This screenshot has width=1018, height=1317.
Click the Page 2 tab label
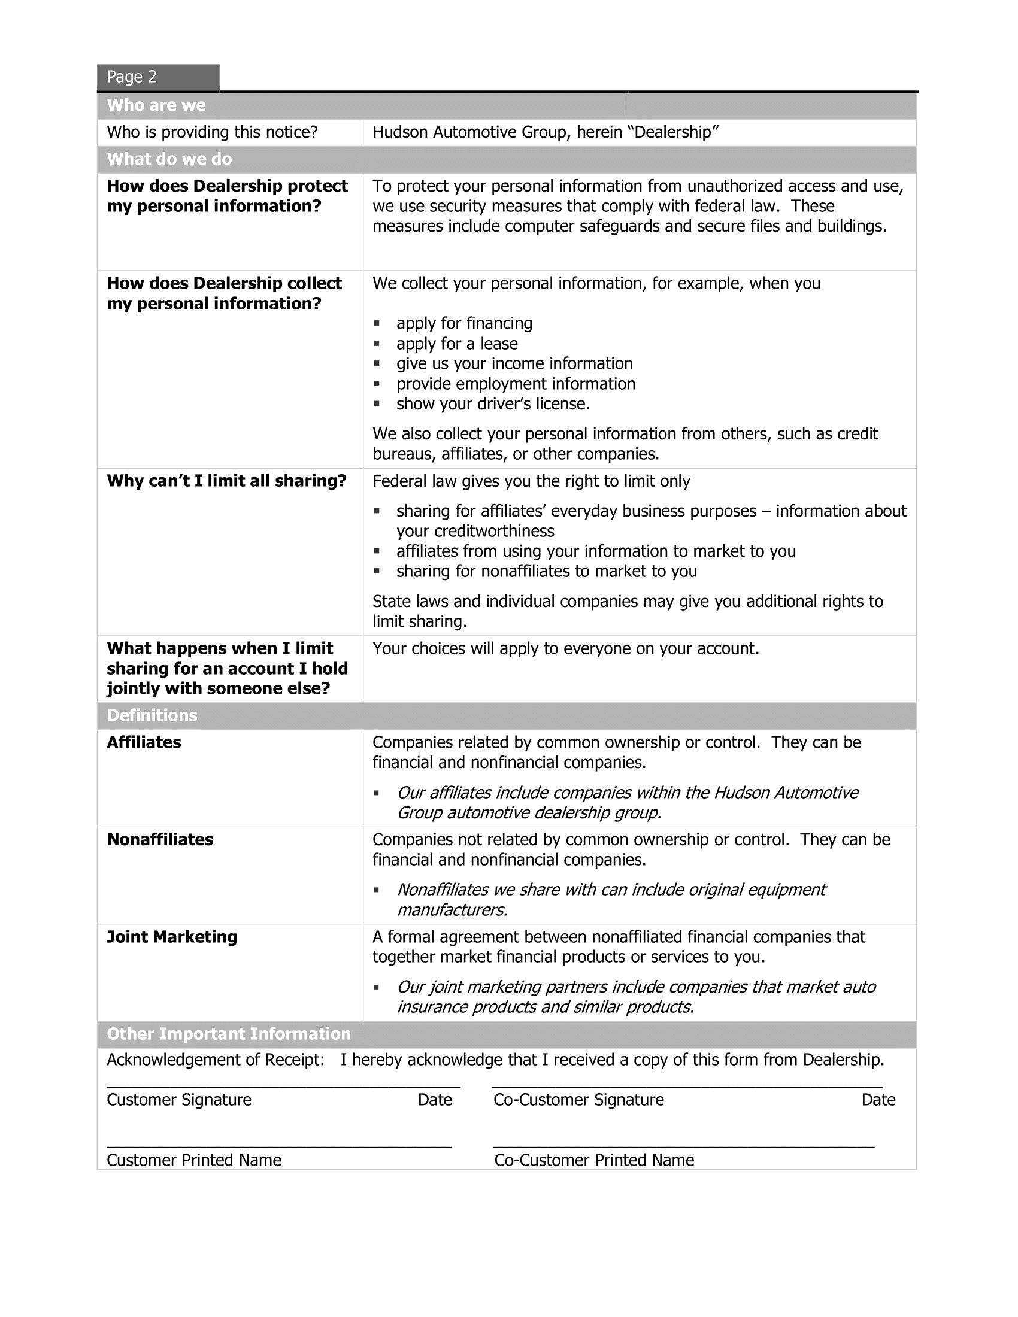click(132, 77)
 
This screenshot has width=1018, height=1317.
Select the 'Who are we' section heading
click(156, 105)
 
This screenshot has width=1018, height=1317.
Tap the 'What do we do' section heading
click(169, 159)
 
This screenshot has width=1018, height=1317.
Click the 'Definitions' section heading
click(152, 716)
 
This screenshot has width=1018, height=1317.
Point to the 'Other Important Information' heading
click(229, 1034)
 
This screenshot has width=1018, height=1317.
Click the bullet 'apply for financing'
click(463, 324)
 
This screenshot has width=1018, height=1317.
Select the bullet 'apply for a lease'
click(456, 344)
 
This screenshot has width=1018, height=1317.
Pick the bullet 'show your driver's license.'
click(492, 404)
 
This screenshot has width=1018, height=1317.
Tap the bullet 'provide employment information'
click(515, 384)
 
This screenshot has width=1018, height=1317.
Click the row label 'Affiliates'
click(144, 742)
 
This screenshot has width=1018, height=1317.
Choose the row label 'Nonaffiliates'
click(160, 840)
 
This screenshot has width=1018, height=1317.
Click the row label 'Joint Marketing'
click(172, 937)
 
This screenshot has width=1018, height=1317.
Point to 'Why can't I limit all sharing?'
click(226, 481)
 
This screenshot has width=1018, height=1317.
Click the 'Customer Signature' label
click(178, 1100)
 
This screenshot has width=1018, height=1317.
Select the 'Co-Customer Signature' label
click(578, 1100)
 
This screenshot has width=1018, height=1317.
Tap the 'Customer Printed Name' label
click(193, 1160)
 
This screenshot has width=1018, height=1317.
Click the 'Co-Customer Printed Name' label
click(594, 1160)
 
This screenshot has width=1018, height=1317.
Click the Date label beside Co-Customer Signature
click(878, 1100)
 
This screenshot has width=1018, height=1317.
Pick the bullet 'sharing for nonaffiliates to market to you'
click(546, 572)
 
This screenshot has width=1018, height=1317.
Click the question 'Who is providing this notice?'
click(211, 133)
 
